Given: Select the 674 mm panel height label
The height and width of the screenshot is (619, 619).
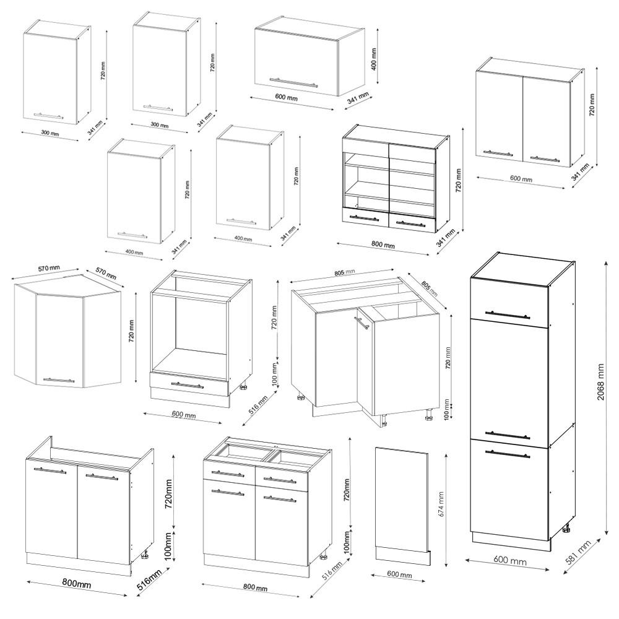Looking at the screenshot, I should pos(441,504).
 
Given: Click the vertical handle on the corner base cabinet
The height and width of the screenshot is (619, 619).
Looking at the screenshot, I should pos(358,326).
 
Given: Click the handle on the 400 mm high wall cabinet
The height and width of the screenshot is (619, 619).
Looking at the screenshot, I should pos(293,82).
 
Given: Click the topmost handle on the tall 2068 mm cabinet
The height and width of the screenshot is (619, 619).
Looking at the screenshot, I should pos(508,315).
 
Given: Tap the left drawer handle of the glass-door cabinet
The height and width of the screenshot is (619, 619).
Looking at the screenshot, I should pos(364,218).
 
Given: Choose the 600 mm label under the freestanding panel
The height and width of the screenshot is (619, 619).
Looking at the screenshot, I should pos(399,575).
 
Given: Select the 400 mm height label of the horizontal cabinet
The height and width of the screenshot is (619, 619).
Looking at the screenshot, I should pos(374,58).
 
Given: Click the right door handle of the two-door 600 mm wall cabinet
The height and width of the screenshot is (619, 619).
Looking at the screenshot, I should pos(545,159).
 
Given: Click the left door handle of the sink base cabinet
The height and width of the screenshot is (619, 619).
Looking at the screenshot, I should pos(50,472).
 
